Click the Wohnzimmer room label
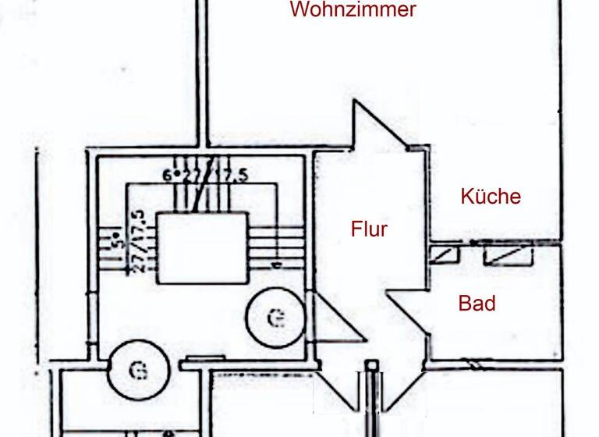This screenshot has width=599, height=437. point(353,10)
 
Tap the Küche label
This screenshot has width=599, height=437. point(490,196)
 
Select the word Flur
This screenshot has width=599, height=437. point(369,229)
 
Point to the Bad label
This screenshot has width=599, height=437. point(477,303)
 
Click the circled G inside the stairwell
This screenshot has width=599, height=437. point(274,318)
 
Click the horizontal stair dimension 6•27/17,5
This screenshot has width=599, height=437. point(205,176)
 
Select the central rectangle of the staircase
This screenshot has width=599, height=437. point(203,247)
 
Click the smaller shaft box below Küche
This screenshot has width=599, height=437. point(444,254)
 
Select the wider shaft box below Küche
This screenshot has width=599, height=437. point(508,254)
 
